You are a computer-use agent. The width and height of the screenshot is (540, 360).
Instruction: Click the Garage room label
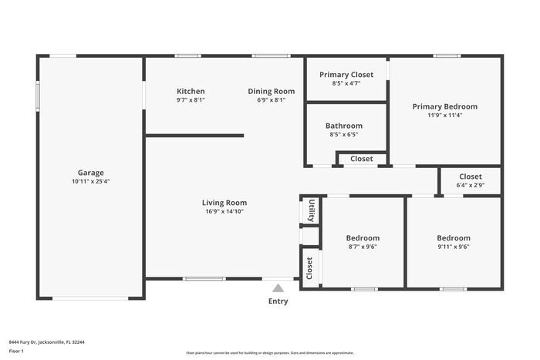pyautogui.click(x=90, y=173)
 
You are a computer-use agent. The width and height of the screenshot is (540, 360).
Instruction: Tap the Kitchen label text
pyautogui.click(x=191, y=91)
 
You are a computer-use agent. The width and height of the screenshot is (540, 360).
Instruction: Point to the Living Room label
pyautogui.click(x=225, y=203)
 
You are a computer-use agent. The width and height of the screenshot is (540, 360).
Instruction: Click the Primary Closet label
pyautogui.click(x=346, y=74)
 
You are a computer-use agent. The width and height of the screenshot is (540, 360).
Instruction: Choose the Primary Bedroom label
pyautogui.click(x=444, y=106)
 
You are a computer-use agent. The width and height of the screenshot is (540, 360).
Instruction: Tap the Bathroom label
pyautogui.click(x=343, y=126)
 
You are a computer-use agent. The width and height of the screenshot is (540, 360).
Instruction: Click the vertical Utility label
pyautogui.click(x=311, y=210)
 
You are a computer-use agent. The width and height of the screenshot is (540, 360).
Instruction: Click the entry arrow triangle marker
pyautogui.click(x=278, y=288)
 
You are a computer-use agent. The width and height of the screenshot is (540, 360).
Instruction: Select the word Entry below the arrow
pyautogui.click(x=278, y=301)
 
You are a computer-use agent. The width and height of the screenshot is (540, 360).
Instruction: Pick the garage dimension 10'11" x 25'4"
pyautogui.click(x=90, y=182)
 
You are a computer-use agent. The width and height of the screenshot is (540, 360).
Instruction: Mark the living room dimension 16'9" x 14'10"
pyautogui.click(x=225, y=211)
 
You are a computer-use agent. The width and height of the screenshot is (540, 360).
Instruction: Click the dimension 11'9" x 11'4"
pyautogui.click(x=444, y=115)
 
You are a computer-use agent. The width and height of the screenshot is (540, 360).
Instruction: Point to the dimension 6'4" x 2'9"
pyautogui.click(x=471, y=185)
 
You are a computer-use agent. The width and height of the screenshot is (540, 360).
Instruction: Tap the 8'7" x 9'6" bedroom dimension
pyautogui.click(x=363, y=247)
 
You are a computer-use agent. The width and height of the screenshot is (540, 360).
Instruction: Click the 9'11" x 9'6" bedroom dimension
pyautogui.click(x=453, y=247)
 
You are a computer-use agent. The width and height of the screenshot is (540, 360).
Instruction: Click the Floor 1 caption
pyautogui.click(x=17, y=351)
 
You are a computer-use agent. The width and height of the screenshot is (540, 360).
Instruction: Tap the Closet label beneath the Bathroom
pyautogui.click(x=362, y=159)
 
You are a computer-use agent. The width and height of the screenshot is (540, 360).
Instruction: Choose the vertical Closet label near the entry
pyautogui.click(x=310, y=267)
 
